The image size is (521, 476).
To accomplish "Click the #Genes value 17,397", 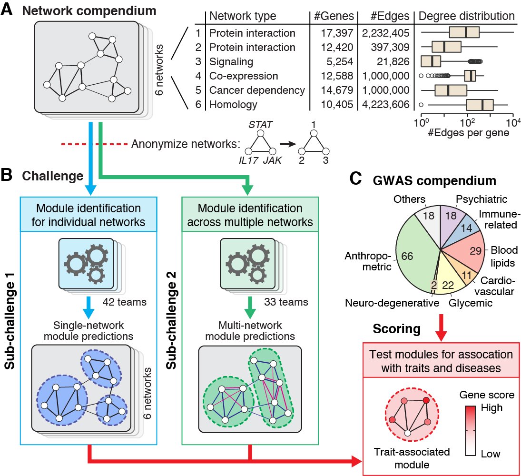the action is [x=336, y=33].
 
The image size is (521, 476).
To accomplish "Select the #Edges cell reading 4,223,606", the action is [x=385, y=104].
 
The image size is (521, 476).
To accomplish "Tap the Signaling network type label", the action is [x=231, y=62].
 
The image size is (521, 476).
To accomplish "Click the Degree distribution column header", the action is [x=466, y=16].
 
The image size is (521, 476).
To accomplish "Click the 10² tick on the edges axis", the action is [x=467, y=123].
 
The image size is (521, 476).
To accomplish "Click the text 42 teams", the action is [x=124, y=302].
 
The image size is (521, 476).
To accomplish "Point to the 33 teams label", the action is [x=286, y=302].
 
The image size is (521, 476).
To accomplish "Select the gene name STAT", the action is [x=261, y=125].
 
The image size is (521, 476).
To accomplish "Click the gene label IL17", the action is [x=248, y=160].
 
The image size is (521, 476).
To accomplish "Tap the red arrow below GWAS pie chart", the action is [x=441, y=327].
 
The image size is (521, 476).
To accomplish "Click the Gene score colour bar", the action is [x=470, y=430].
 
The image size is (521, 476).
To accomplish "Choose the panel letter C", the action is [x=355, y=179].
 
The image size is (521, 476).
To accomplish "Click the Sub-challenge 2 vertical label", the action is [x=171, y=320].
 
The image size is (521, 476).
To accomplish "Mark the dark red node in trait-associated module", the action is [x=426, y=400].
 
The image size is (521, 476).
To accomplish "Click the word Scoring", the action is [x=397, y=329].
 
